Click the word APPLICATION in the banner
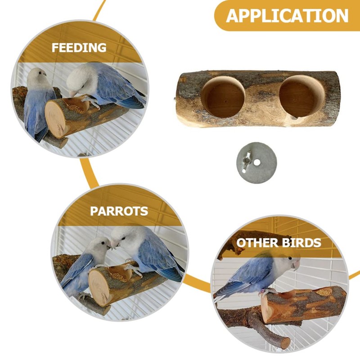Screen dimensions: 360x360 288,16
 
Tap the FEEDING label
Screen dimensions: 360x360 79,48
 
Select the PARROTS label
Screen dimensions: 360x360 119,211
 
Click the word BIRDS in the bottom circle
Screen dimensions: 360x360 301,243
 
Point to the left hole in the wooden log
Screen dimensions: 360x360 223,96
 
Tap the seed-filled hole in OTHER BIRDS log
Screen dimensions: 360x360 324,292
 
